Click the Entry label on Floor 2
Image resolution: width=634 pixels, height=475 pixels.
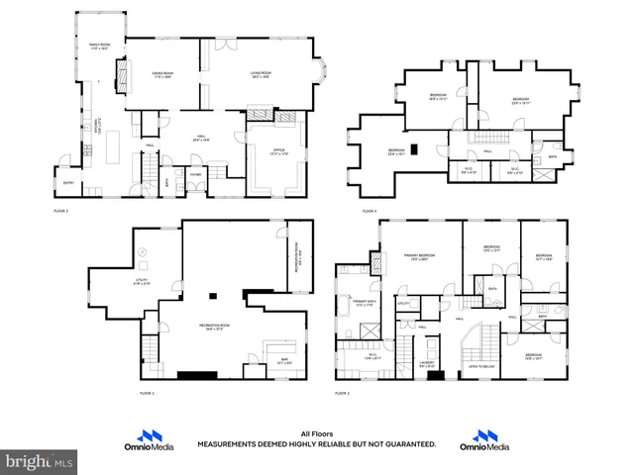[68, 182]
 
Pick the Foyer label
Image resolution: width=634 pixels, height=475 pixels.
[196, 174]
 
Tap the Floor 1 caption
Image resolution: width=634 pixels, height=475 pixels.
[148, 393]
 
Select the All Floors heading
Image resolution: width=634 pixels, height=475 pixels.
[316, 433]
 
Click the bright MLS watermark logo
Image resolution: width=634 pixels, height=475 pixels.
[38, 461]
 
